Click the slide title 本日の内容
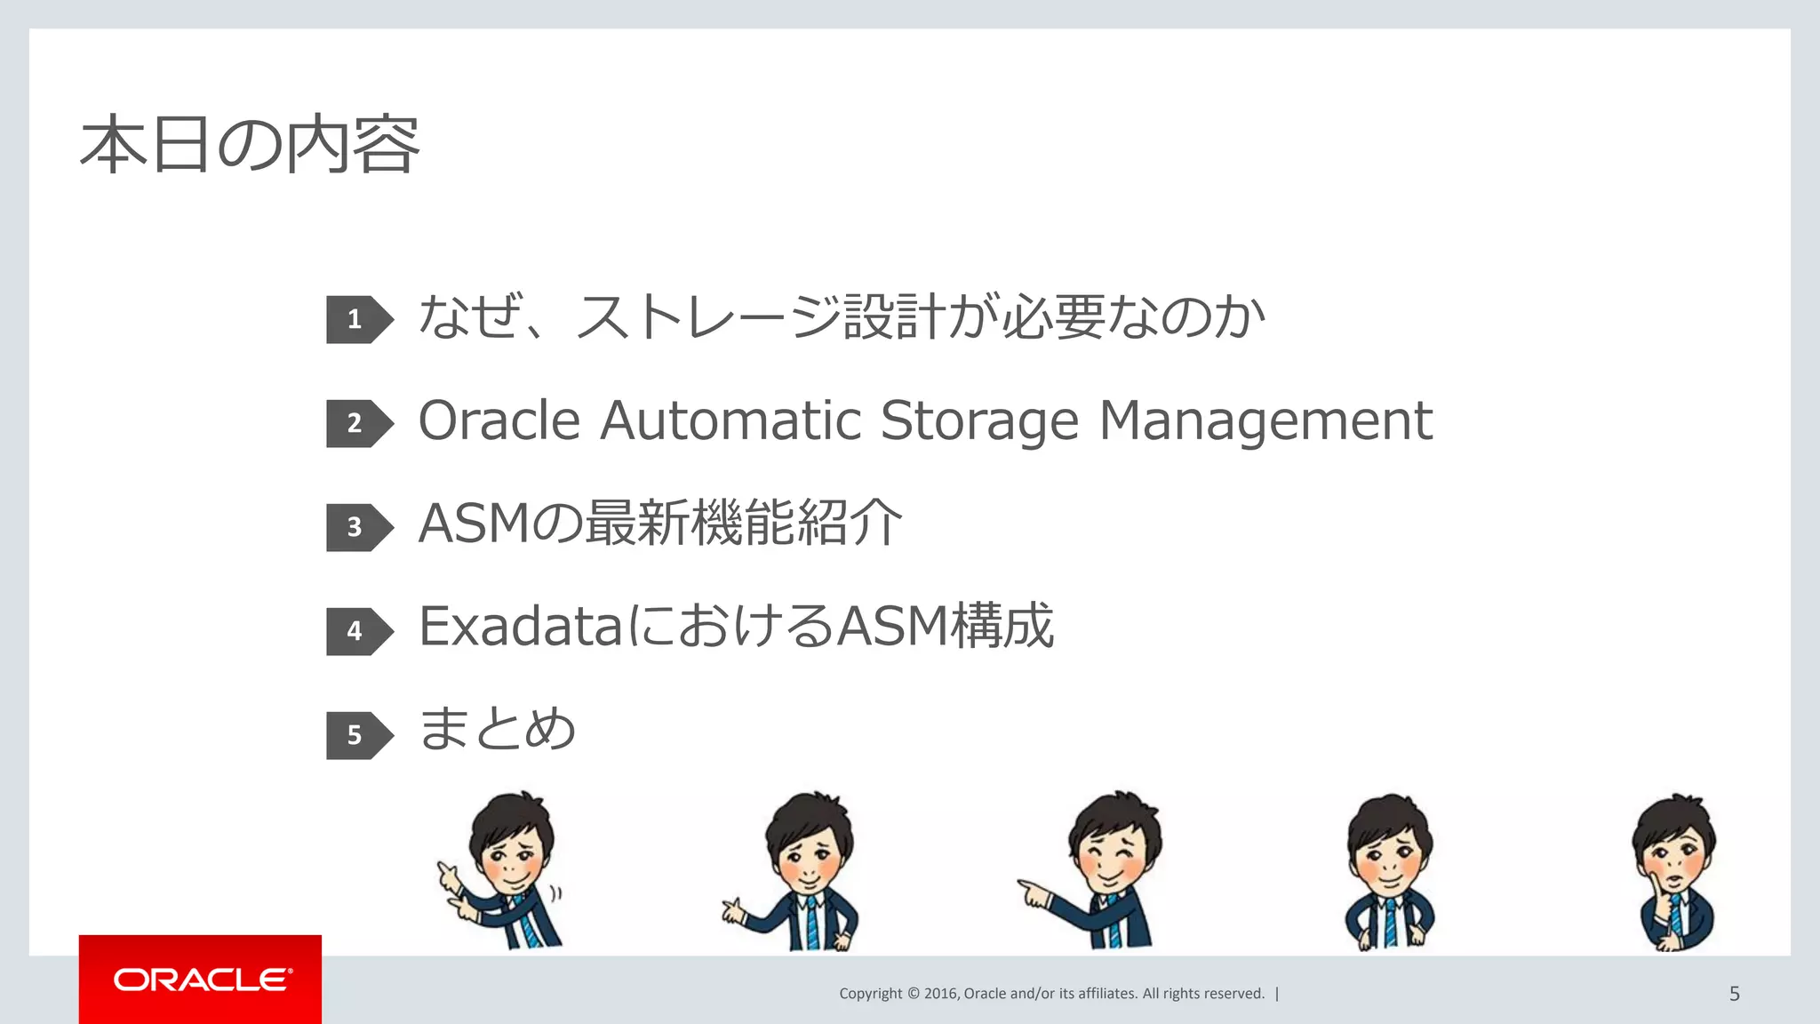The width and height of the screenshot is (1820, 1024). point(250,145)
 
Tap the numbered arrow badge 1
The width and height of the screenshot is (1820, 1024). point(357,319)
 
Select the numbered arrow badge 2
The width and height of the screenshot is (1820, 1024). point(357,423)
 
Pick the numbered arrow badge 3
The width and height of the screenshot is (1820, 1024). point(357,527)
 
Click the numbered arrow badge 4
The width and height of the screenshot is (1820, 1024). point(357,631)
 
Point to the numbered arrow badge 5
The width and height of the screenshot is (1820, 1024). point(357,735)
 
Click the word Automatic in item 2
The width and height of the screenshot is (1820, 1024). point(730,420)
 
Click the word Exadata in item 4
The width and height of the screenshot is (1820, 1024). point(521,627)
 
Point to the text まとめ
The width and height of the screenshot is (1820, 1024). point(498,729)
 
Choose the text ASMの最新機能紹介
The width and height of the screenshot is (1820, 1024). point(660,523)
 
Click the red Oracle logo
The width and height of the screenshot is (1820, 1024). point(201,980)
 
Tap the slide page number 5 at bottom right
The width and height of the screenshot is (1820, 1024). point(1734,994)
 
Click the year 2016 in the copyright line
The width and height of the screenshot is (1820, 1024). point(941,994)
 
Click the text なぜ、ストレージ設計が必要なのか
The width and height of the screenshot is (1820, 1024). point(842,317)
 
